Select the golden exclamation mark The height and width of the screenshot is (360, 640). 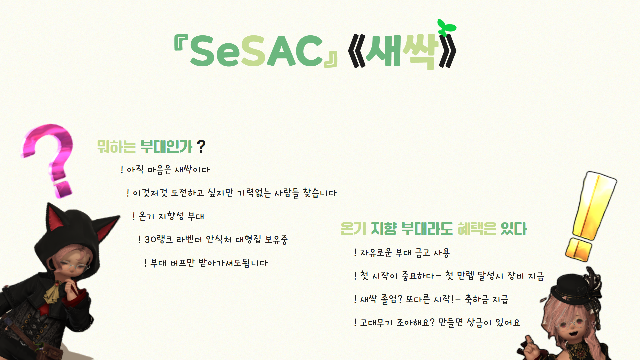pos(590,213)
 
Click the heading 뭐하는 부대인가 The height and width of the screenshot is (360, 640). pos(145,147)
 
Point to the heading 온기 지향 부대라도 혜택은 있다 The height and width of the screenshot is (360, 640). pos(433,229)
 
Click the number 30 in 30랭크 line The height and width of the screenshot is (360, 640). pos(150,240)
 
